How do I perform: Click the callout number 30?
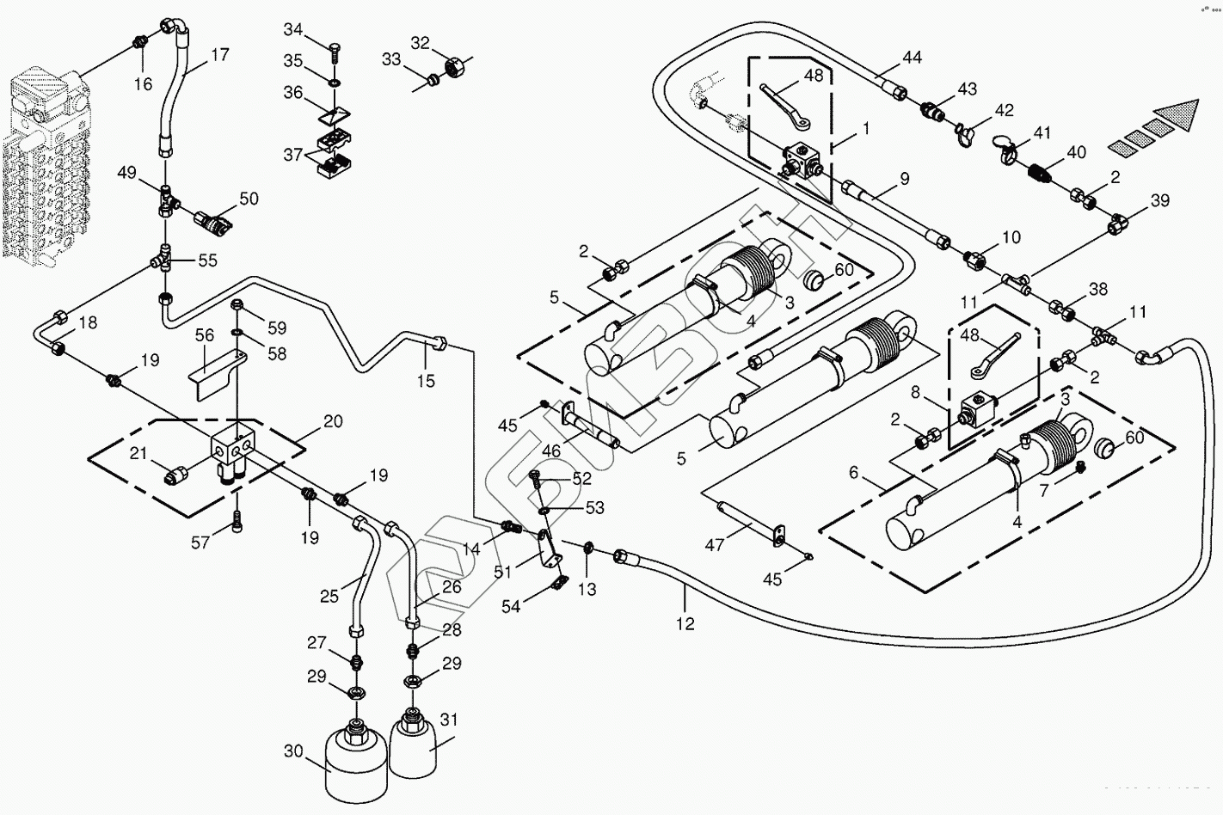point(294,751)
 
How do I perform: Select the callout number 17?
point(220,55)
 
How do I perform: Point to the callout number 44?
point(912,58)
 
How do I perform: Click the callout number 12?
point(685,624)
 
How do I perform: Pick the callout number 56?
point(204,335)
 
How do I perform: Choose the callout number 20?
point(333,421)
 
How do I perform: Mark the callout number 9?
point(904,179)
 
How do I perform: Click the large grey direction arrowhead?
point(1175,113)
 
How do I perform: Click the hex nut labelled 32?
point(455,64)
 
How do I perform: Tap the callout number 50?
point(249,199)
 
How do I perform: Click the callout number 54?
point(511,606)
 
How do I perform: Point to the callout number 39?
point(1160,200)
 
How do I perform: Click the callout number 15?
point(426,380)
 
